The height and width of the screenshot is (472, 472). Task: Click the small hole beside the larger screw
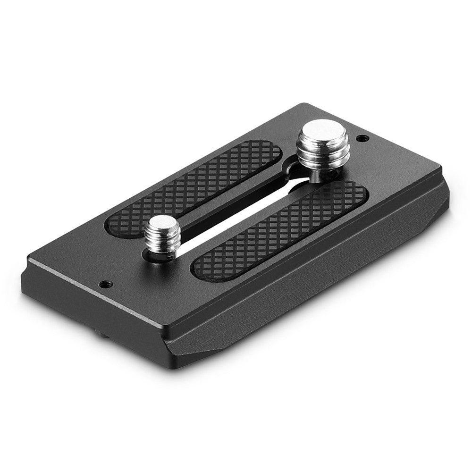point(362,138)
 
